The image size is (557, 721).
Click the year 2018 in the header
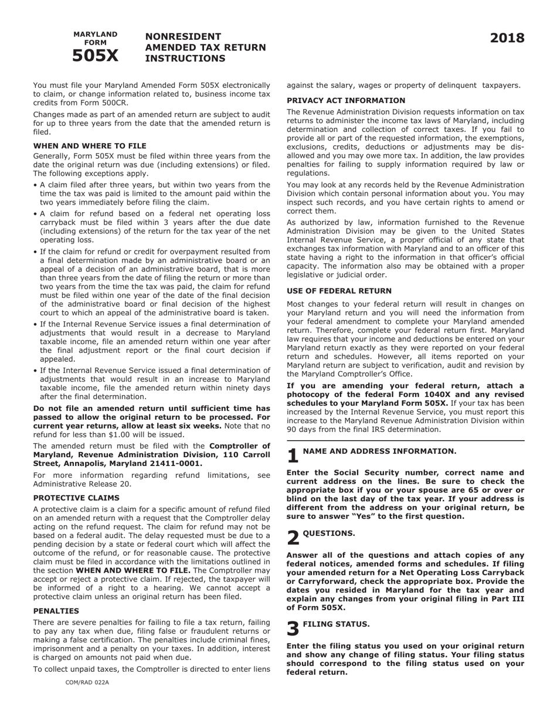(507, 39)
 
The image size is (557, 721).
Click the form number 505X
(95, 56)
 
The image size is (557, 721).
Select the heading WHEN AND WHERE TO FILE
(90, 145)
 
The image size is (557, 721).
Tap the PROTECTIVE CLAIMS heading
(76, 498)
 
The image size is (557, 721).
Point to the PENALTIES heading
(56, 611)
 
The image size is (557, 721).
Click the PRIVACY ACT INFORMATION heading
(346, 100)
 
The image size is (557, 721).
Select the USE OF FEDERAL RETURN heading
(339, 291)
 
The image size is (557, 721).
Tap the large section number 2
(293, 538)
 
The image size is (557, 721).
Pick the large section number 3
(293, 629)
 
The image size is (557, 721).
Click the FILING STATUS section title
(336, 624)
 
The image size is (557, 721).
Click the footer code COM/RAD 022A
(87, 682)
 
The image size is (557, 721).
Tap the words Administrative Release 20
(82, 484)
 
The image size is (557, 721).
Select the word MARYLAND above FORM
(95, 34)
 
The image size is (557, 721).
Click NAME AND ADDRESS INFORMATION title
(379, 451)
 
